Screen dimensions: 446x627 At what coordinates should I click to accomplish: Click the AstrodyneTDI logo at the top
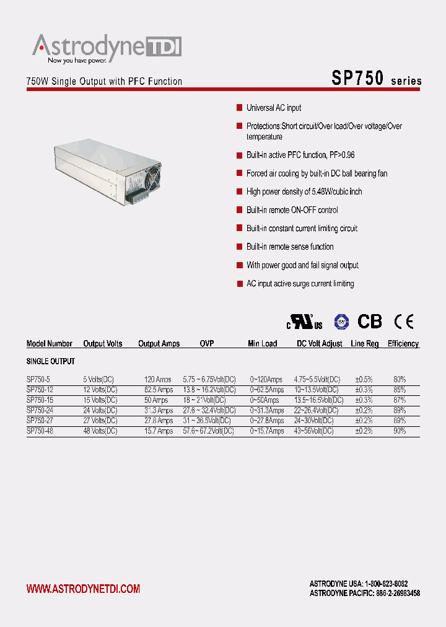tap(107, 48)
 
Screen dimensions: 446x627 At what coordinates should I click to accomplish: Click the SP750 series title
tap(376, 79)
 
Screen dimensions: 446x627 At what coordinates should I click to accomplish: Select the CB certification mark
tap(370, 322)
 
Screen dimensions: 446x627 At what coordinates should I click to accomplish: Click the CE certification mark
tap(404, 322)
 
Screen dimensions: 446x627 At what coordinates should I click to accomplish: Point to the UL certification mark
tap(304, 322)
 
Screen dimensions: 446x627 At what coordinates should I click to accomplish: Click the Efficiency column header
tap(403, 344)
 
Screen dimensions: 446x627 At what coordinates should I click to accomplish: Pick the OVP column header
tap(207, 344)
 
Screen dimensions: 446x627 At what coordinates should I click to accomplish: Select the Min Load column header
tap(263, 344)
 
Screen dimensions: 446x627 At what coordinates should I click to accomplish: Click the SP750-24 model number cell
tap(40, 411)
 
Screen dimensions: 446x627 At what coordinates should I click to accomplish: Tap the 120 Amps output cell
tap(158, 379)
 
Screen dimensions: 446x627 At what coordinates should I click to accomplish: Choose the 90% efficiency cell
tap(400, 431)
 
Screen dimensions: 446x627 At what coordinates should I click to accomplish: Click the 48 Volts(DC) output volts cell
tap(100, 431)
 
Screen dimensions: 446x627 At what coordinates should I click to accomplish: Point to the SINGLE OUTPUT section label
tap(51, 361)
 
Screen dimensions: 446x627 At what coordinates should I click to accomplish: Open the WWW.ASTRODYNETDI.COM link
tap(83, 589)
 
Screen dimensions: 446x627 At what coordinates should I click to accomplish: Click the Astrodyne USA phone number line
tap(358, 584)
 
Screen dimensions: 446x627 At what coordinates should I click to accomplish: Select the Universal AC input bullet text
tap(274, 108)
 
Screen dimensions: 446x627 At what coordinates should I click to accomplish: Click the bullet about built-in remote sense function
tap(290, 247)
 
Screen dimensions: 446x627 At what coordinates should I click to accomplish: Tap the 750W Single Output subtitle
tap(104, 81)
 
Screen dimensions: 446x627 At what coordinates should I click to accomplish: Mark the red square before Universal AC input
tap(239, 108)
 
